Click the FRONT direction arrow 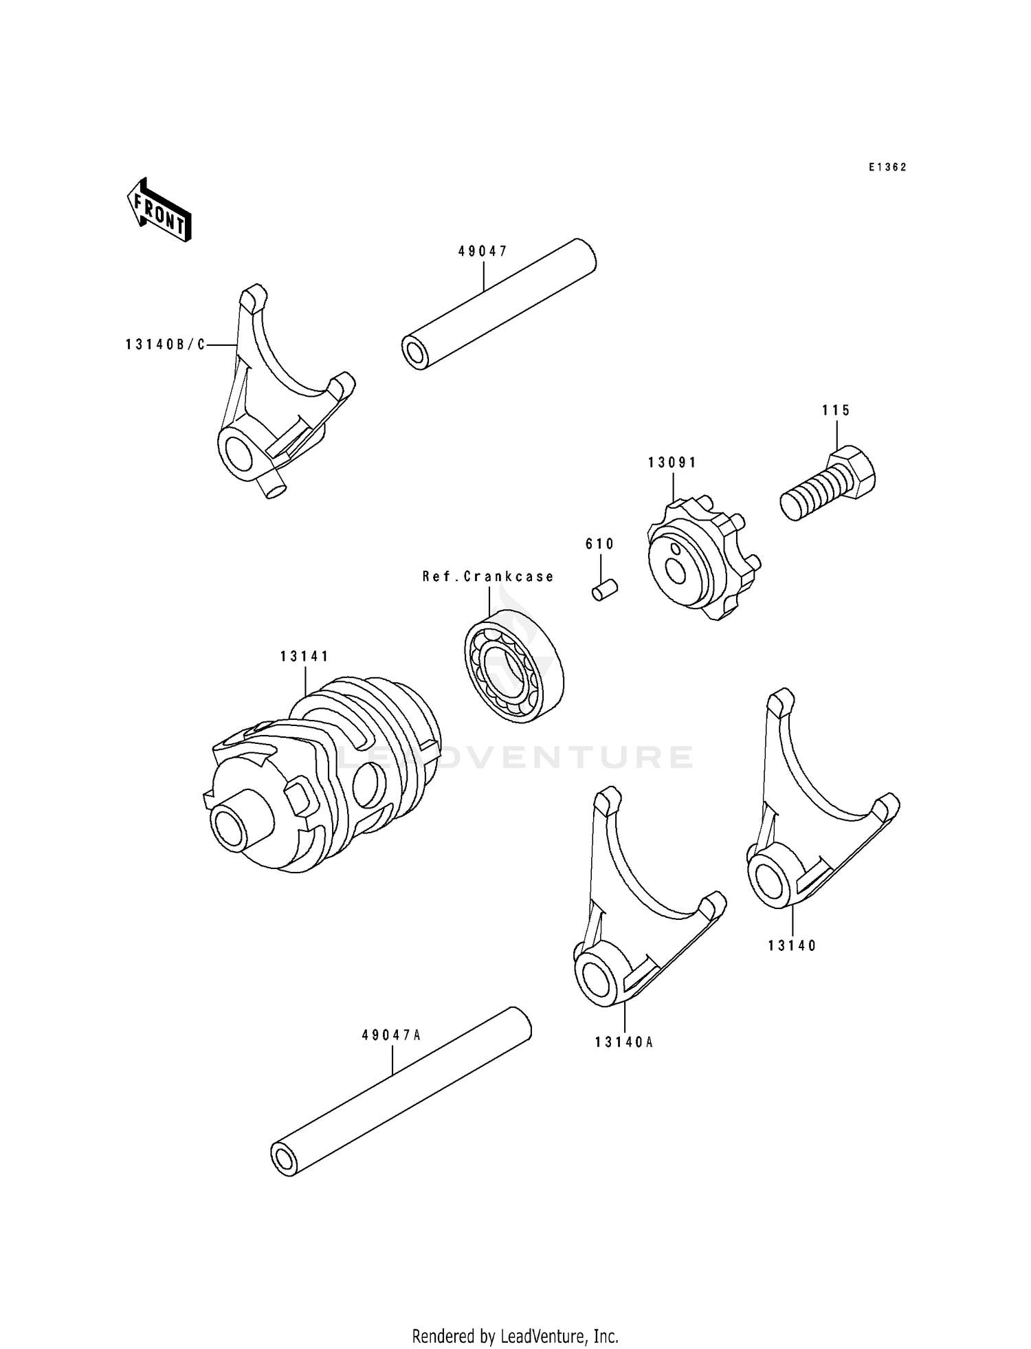click(x=158, y=210)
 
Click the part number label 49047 click(x=483, y=252)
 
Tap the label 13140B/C click(x=165, y=344)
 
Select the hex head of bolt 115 click(x=853, y=472)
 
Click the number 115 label click(x=836, y=410)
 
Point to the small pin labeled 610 click(x=605, y=589)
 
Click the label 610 click(x=599, y=544)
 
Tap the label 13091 click(x=672, y=463)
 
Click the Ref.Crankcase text click(x=488, y=576)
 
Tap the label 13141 click(x=304, y=657)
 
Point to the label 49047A click(x=391, y=1034)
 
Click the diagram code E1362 click(x=887, y=167)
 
